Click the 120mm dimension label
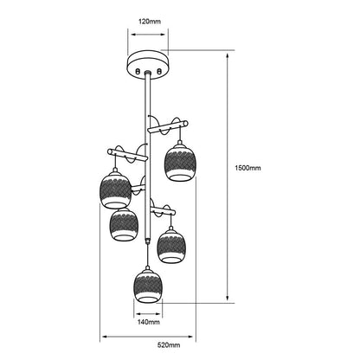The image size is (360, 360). coord(150,22)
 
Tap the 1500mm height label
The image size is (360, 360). coord(247,168)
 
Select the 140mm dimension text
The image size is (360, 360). coord(148,322)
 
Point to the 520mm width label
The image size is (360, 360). coord(169,345)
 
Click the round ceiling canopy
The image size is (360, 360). coord(148,65)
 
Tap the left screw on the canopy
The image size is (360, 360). coord(138,71)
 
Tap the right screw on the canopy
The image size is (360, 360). coord(158,71)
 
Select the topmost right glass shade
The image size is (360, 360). coord(180,162)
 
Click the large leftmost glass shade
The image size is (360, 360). coord(115,190)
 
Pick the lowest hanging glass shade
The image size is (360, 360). coord(148,286)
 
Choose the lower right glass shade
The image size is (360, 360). coord(171,245)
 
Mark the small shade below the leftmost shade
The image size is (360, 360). coord(124,224)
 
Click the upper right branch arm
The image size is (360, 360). coord(168,127)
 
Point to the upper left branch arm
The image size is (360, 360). coord(127,155)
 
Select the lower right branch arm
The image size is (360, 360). coord(163,210)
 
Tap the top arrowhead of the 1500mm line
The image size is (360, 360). coord(228,56)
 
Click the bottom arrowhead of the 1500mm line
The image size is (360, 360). coord(228,298)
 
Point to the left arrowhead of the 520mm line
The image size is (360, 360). coord(105,337)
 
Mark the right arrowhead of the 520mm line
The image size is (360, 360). coord(190,337)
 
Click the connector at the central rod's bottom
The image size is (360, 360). coord(148,241)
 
